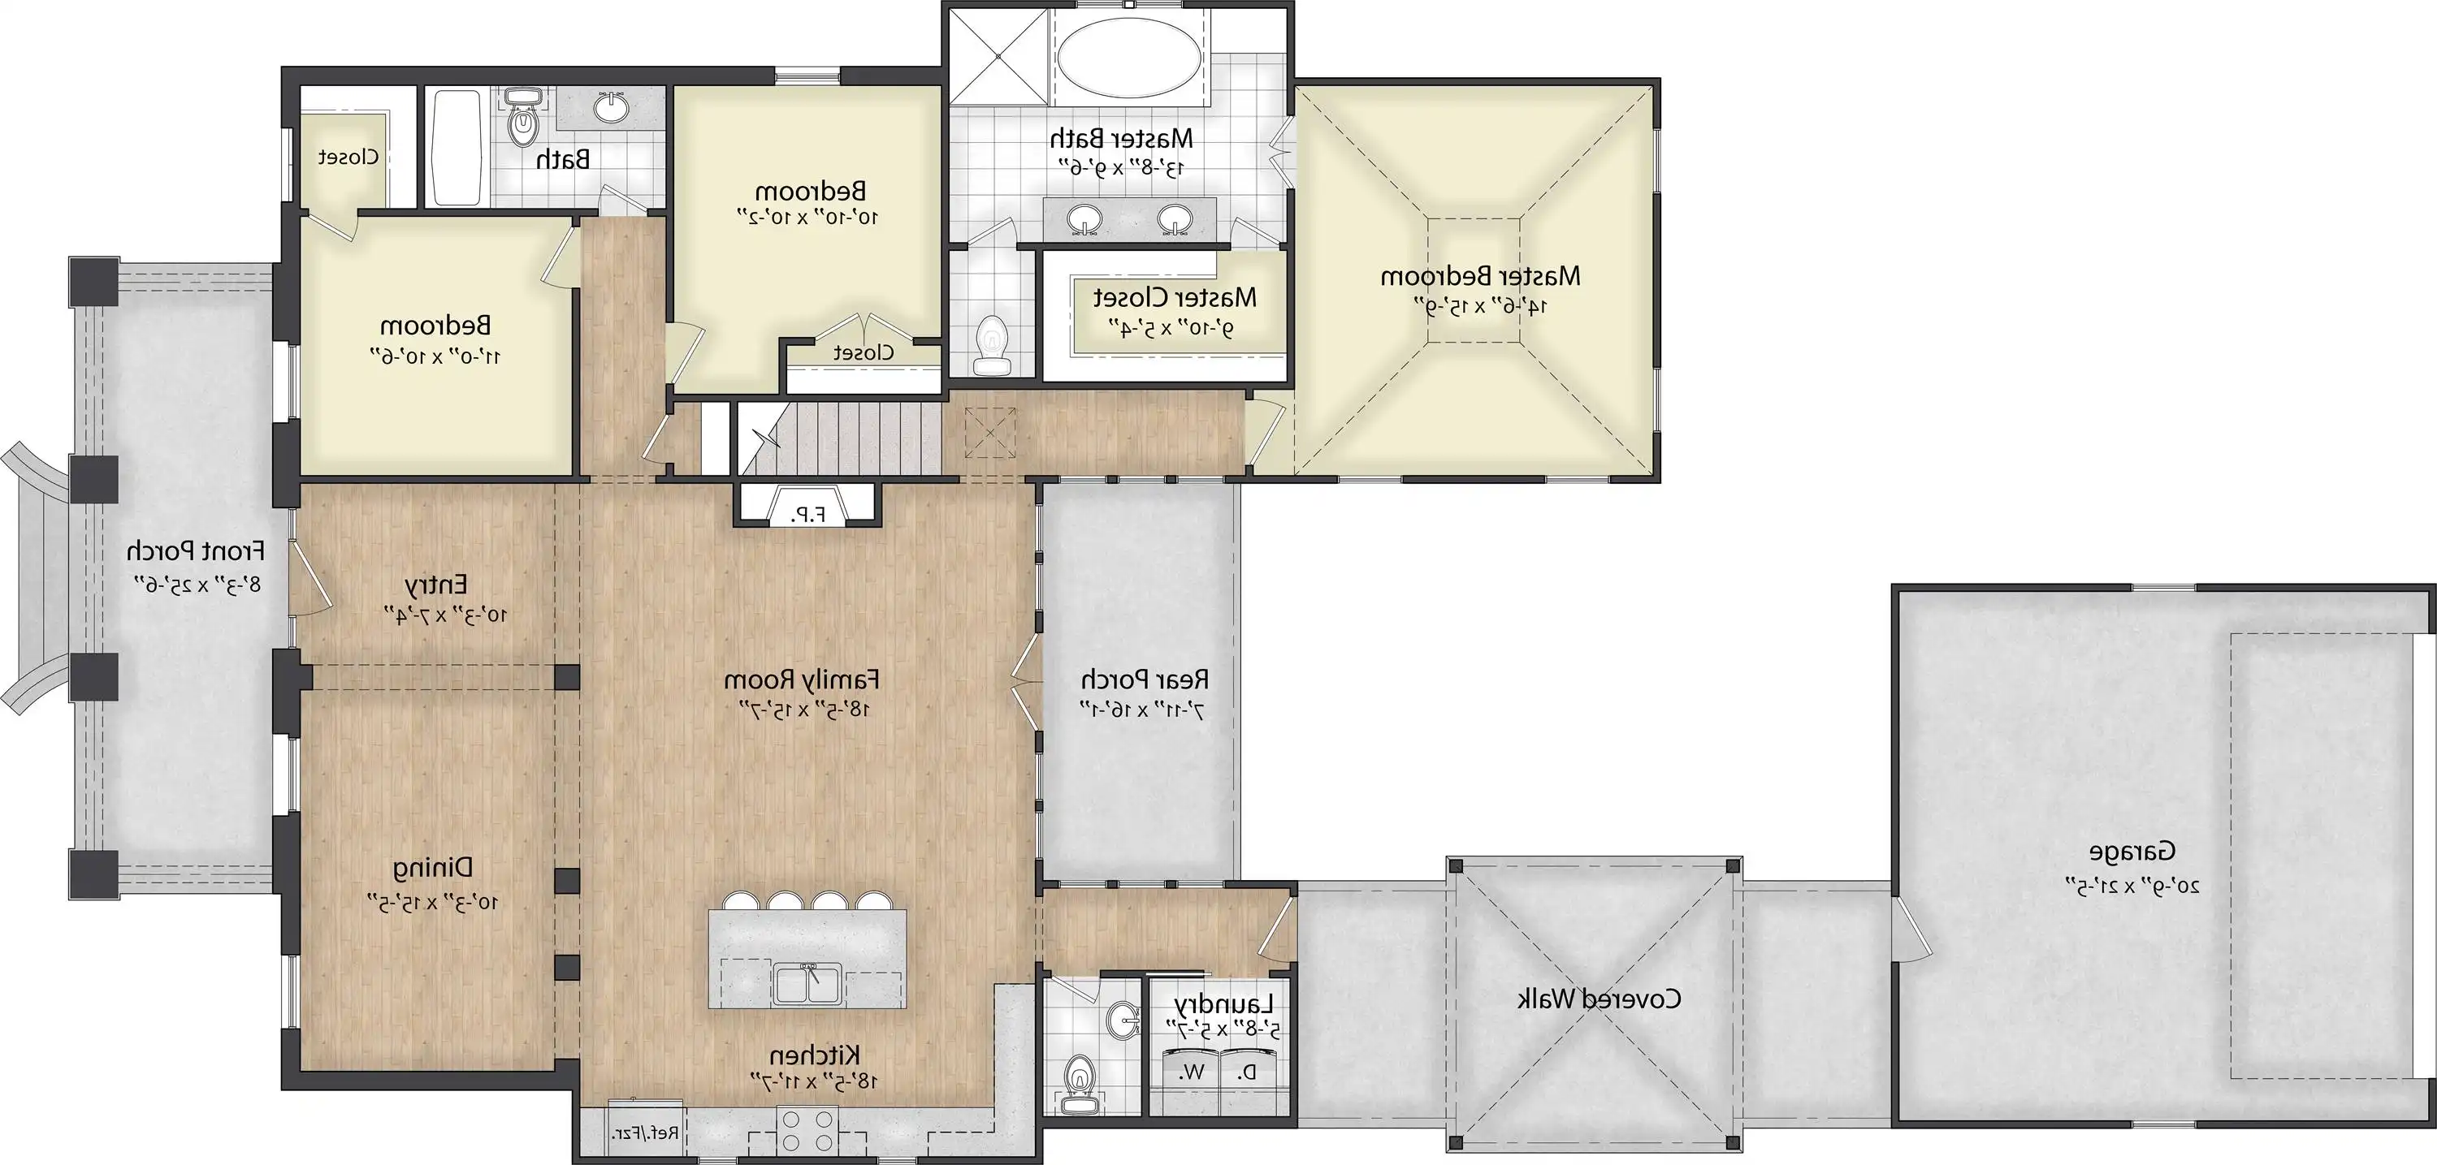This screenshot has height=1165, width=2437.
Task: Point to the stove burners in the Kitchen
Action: (806, 1129)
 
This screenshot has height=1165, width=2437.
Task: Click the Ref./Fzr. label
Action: (646, 1132)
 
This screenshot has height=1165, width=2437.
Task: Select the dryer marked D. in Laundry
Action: (1249, 1072)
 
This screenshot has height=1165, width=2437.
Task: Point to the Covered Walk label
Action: (1599, 999)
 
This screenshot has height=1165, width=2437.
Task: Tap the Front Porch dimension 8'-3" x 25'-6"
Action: (196, 584)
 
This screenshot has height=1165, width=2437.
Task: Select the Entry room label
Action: (436, 585)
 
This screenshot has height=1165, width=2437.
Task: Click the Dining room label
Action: (432, 867)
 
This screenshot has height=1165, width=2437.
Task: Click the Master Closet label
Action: (1175, 298)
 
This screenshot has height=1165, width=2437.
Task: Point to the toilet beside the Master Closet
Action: (990, 346)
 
